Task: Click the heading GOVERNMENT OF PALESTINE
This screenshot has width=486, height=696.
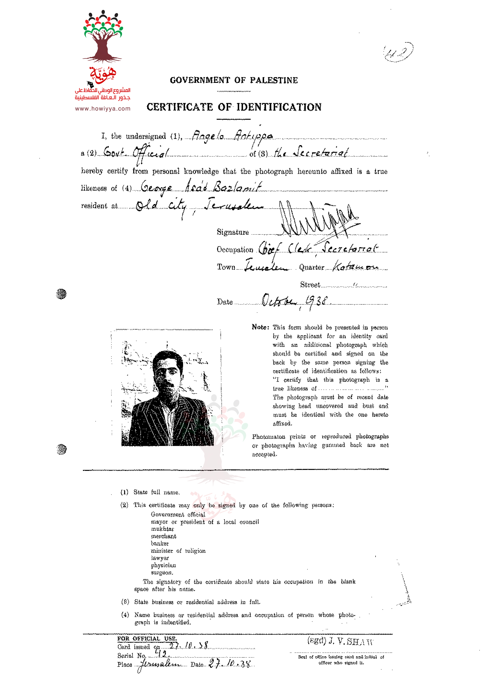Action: point(234,80)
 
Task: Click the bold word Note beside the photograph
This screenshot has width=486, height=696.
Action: point(260,327)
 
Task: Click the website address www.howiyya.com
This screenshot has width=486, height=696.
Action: point(103,108)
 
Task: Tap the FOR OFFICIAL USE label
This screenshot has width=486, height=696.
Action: point(147,638)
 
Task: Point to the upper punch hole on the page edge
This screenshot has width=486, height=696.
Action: point(61,294)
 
